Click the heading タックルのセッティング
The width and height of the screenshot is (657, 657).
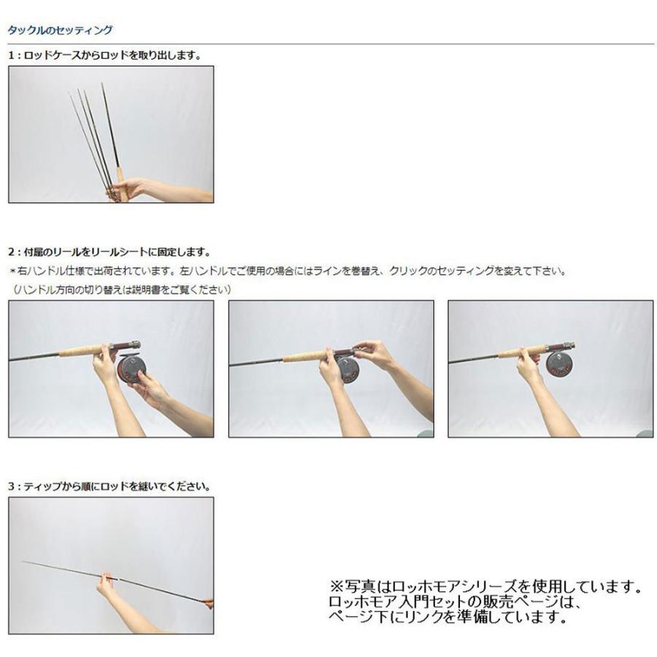coord(60,31)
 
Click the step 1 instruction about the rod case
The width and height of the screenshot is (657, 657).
coord(104,55)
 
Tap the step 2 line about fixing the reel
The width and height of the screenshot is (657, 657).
coord(109,253)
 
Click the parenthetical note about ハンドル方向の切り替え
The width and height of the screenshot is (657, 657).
coord(122,289)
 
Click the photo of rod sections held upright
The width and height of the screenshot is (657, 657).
coord(111,134)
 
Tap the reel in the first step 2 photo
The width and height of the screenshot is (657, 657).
coord(131,369)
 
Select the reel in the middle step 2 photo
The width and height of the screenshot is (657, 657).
coord(348,369)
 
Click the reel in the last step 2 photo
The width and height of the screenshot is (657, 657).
coord(561,363)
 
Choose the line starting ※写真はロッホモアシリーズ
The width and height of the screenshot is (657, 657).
coord(486,587)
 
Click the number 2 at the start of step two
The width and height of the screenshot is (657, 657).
coord(11,253)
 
